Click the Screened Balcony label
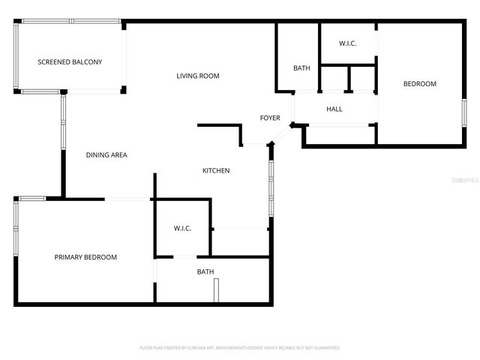70,61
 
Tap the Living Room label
198,76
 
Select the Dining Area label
106,155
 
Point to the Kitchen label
216,171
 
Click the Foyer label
270,118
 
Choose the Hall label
334,109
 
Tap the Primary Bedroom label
85,257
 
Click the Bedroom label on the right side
420,84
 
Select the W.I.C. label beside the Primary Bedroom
183,228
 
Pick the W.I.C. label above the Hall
347,43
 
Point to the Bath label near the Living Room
301,68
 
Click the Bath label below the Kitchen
205,271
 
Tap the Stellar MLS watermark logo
467,180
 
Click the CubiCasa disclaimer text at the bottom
240,348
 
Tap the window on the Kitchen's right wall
271,187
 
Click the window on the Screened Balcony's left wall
15,56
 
